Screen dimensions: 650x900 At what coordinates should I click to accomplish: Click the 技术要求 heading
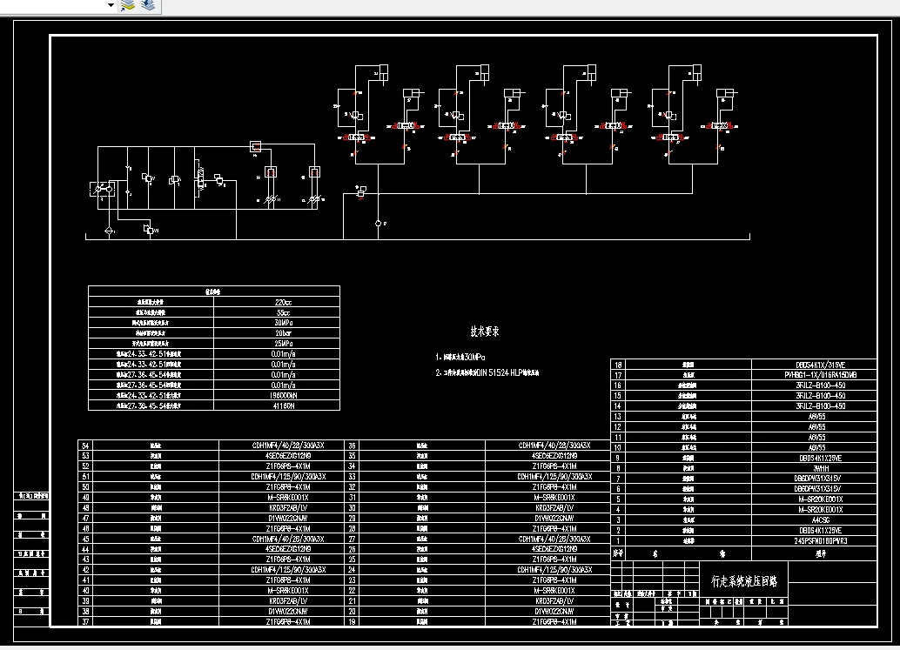tap(485, 331)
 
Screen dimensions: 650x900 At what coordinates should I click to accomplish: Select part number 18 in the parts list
tap(619, 365)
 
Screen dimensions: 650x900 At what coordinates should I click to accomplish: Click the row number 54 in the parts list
tap(85, 445)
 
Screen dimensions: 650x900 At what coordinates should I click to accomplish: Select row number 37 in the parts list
tap(85, 621)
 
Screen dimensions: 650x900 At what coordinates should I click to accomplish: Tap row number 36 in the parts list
tap(352, 445)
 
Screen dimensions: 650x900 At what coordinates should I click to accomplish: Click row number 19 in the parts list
tap(352, 621)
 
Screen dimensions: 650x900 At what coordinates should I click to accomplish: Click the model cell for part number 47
tap(280, 518)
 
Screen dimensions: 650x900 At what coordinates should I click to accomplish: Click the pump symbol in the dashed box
tap(104, 190)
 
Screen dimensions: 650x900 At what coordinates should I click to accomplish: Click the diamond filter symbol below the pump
tap(108, 230)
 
